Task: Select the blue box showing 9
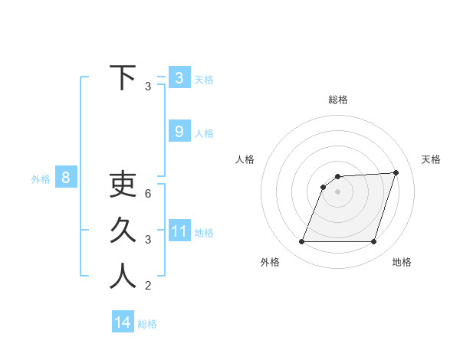(x=179, y=132)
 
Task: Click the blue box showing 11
(x=179, y=231)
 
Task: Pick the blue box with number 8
(x=66, y=178)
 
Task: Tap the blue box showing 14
(x=123, y=322)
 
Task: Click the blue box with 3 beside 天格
(x=179, y=77)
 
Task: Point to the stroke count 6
(x=148, y=193)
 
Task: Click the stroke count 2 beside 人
(x=148, y=286)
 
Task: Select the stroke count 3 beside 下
(x=148, y=87)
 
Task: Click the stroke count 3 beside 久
(x=148, y=240)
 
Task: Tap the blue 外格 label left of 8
(x=41, y=179)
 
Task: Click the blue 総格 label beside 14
(x=147, y=324)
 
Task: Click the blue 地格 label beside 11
(x=204, y=232)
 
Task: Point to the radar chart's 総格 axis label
(x=338, y=100)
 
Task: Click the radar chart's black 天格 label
(x=431, y=159)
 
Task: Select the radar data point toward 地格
(x=373, y=242)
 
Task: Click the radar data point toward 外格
(x=302, y=242)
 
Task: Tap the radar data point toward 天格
(x=396, y=172)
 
